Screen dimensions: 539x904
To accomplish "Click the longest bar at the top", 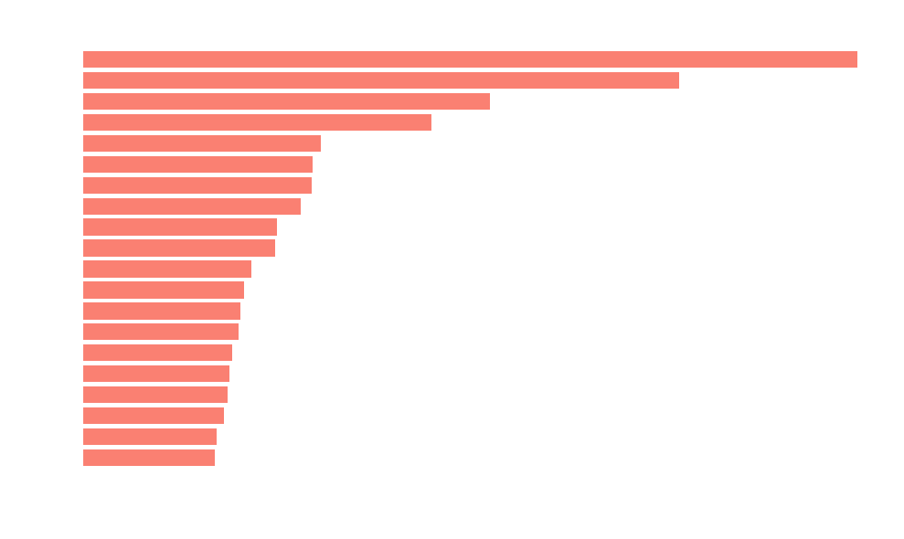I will (x=470, y=59).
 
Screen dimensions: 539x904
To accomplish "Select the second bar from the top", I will (x=380, y=80).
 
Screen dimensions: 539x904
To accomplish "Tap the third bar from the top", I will (x=286, y=101).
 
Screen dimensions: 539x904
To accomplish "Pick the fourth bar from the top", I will (x=257, y=122).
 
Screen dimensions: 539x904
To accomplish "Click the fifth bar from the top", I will (x=202, y=143).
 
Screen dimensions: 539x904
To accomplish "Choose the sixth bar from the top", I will (x=197, y=164).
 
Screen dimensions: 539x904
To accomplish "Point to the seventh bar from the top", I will (x=197, y=185).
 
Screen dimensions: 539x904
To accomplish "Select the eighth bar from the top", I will (x=192, y=206).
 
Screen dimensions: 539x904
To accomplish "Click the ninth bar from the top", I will (x=180, y=227).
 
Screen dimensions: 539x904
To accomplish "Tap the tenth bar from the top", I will (x=179, y=248).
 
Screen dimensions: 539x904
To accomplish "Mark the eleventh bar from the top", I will (x=167, y=269).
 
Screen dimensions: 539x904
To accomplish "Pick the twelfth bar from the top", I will (x=164, y=291).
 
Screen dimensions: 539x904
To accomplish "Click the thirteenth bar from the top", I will (x=162, y=312).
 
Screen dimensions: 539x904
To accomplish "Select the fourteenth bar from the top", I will (x=161, y=333).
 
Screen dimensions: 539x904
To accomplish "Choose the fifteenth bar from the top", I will (x=157, y=353).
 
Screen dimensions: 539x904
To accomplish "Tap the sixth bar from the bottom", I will (x=157, y=353).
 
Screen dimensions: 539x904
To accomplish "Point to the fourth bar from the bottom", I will (x=155, y=395).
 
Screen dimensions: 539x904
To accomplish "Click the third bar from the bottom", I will (x=154, y=416).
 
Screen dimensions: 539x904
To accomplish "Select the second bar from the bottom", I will (x=150, y=437).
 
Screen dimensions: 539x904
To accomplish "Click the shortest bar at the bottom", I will (x=149, y=458).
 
